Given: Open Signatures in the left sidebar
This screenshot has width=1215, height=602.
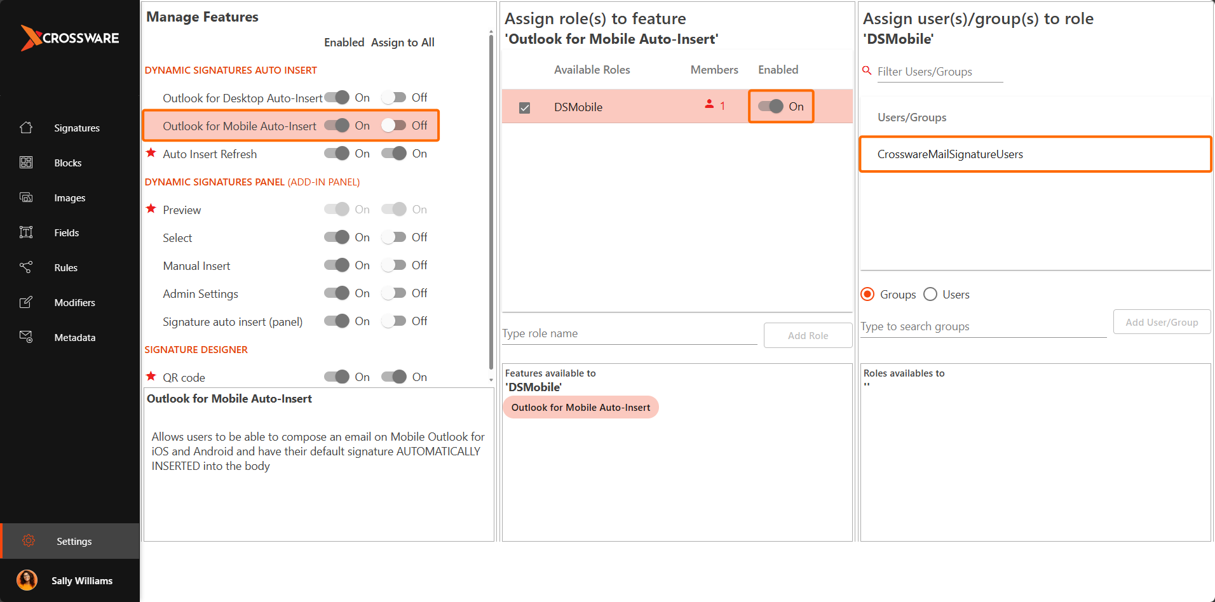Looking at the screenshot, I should click(76, 128).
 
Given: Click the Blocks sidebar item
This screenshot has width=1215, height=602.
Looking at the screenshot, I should click(67, 163).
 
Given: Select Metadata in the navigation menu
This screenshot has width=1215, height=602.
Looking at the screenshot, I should click(74, 338).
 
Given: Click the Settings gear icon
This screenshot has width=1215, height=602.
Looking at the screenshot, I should click(29, 541).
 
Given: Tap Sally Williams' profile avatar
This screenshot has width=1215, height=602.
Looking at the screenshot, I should click(27, 580).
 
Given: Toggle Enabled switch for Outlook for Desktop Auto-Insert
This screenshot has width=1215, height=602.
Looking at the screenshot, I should click(337, 98).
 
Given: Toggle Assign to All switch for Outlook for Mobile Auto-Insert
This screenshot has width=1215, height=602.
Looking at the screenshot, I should click(394, 126).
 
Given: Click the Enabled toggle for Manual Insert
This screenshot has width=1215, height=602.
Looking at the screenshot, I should click(337, 265).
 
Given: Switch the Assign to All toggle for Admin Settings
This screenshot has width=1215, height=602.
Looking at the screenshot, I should click(394, 293).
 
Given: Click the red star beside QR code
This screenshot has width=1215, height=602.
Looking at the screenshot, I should click(151, 377).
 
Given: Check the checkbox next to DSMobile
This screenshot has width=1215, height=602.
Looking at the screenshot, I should click(524, 108).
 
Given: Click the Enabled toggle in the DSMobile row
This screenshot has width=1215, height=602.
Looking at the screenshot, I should click(771, 107).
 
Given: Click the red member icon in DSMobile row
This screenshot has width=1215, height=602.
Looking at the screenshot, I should click(709, 104).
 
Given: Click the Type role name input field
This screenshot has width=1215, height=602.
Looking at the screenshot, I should click(629, 334).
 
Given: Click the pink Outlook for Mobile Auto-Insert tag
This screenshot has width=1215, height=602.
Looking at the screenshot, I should click(580, 408).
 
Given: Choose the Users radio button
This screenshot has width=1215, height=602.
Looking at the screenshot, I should click(930, 295).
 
